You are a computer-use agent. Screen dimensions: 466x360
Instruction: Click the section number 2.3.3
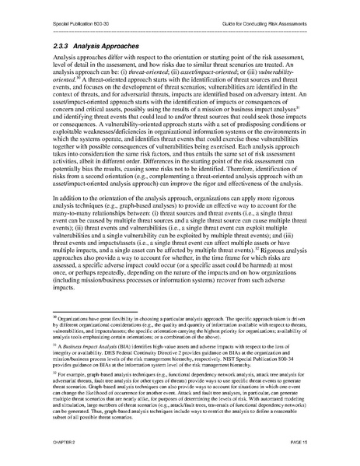coord(62,47)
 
